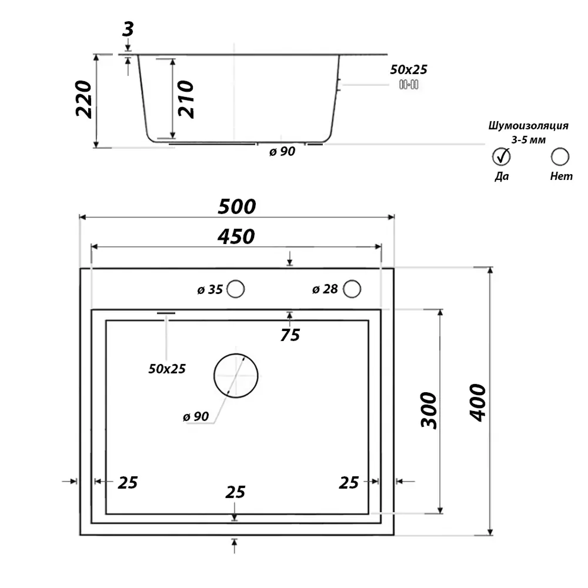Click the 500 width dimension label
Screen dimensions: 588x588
pos(236,206)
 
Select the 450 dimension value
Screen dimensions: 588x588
pos(236,236)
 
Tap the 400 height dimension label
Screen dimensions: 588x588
pos(477,402)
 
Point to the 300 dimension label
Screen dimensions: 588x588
pos(429,410)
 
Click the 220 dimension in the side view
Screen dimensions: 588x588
pos(83,99)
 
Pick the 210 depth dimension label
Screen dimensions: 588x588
pos(186,99)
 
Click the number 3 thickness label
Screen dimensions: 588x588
pos(128,29)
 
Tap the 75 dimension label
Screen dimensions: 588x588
pos(290,335)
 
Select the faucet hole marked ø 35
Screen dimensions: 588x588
pos(236,289)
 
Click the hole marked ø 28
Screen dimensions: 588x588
pos(352,289)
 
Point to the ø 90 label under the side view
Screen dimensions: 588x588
pos(282,152)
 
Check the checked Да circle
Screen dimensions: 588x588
pos(502,156)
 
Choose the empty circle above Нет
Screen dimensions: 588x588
pos(560,156)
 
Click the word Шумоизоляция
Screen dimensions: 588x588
pos(529,126)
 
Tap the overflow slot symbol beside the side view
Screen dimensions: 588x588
pos(409,84)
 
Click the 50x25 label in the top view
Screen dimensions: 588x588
pos(167,369)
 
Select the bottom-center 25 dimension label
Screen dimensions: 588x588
pos(235,492)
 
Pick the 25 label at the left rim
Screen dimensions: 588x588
pos(128,483)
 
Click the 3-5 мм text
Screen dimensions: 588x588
pos(529,141)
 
